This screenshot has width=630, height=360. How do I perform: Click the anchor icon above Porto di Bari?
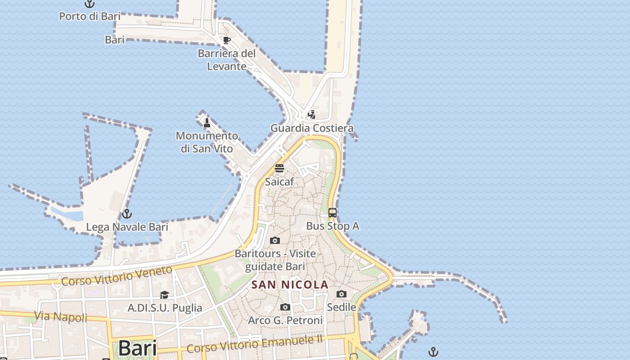click(x=90, y=4)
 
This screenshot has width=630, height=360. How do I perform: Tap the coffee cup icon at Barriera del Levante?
click(x=227, y=40)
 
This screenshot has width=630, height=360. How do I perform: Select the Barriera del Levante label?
click(x=227, y=60)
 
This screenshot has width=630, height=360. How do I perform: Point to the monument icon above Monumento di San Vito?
click(x=207, y=122)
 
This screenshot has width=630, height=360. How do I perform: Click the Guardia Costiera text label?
click(x=312, y=128)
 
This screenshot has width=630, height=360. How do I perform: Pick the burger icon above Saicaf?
click(x=279, y=169)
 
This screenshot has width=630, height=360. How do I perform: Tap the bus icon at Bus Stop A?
click(x=333, y=213)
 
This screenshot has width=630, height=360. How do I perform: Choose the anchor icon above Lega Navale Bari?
click(x=127, y=214)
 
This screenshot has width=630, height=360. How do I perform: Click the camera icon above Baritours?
click(x=275, y=241)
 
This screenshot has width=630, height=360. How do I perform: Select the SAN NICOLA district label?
click(x=290, y=285)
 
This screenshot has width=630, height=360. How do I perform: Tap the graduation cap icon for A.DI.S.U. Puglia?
click(x=164, y=295)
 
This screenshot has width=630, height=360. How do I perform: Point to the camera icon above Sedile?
click(x=342, y=294)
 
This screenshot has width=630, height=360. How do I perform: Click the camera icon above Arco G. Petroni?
click(x=285, y=307)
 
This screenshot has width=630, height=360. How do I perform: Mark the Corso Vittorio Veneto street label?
click(x=117, y=276)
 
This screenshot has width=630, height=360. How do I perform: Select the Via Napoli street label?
click(x=61, y=316)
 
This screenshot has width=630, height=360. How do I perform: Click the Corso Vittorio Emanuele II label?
click(x=255, y=344)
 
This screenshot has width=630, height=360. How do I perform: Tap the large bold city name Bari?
click(x=138, y=348)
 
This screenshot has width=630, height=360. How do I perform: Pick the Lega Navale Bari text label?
click(x=127, y=227)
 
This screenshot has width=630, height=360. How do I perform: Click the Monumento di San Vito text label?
click(x=207, y=142)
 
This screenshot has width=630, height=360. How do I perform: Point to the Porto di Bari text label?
click(x=90, y=17)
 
